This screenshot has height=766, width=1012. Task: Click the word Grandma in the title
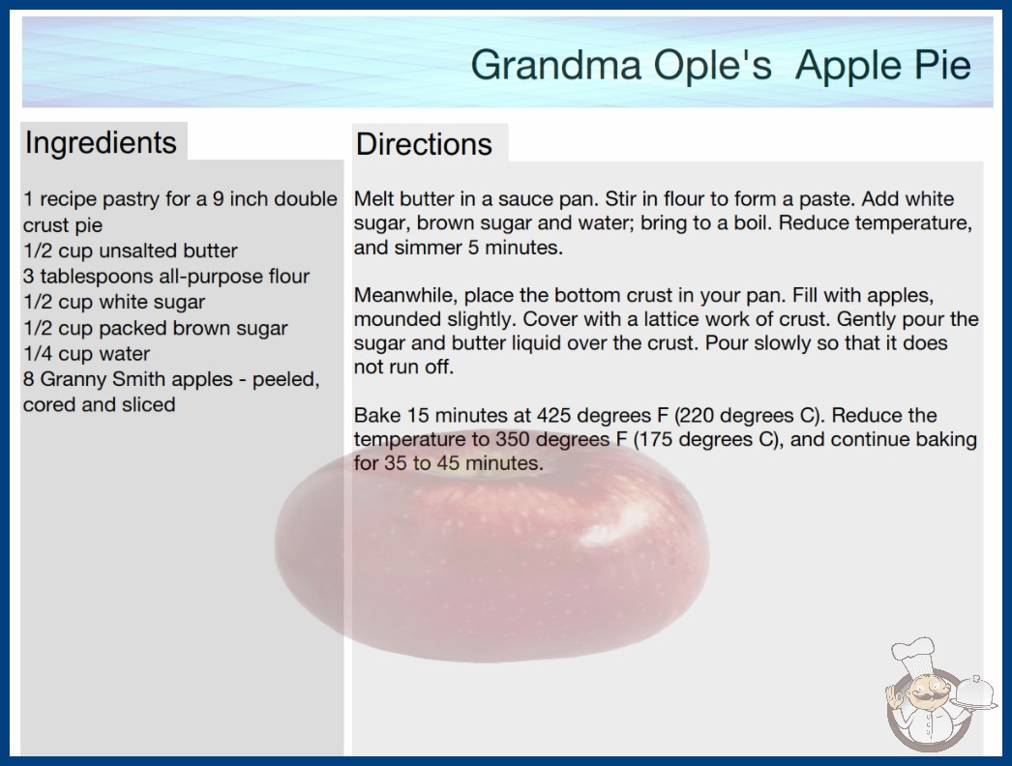point(555,65)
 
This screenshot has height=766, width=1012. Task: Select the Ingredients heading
point(101,143)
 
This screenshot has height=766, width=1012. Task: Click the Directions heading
point(424,144)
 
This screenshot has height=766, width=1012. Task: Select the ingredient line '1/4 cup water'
point(86,354)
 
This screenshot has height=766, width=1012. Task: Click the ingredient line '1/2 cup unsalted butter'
point(131,250)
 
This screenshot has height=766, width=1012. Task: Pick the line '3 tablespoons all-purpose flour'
point(166,277)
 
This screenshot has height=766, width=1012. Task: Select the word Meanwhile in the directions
point(406,295)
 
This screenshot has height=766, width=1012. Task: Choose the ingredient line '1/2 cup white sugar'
point(114,302)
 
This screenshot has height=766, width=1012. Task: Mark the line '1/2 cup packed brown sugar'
point(156,328)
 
